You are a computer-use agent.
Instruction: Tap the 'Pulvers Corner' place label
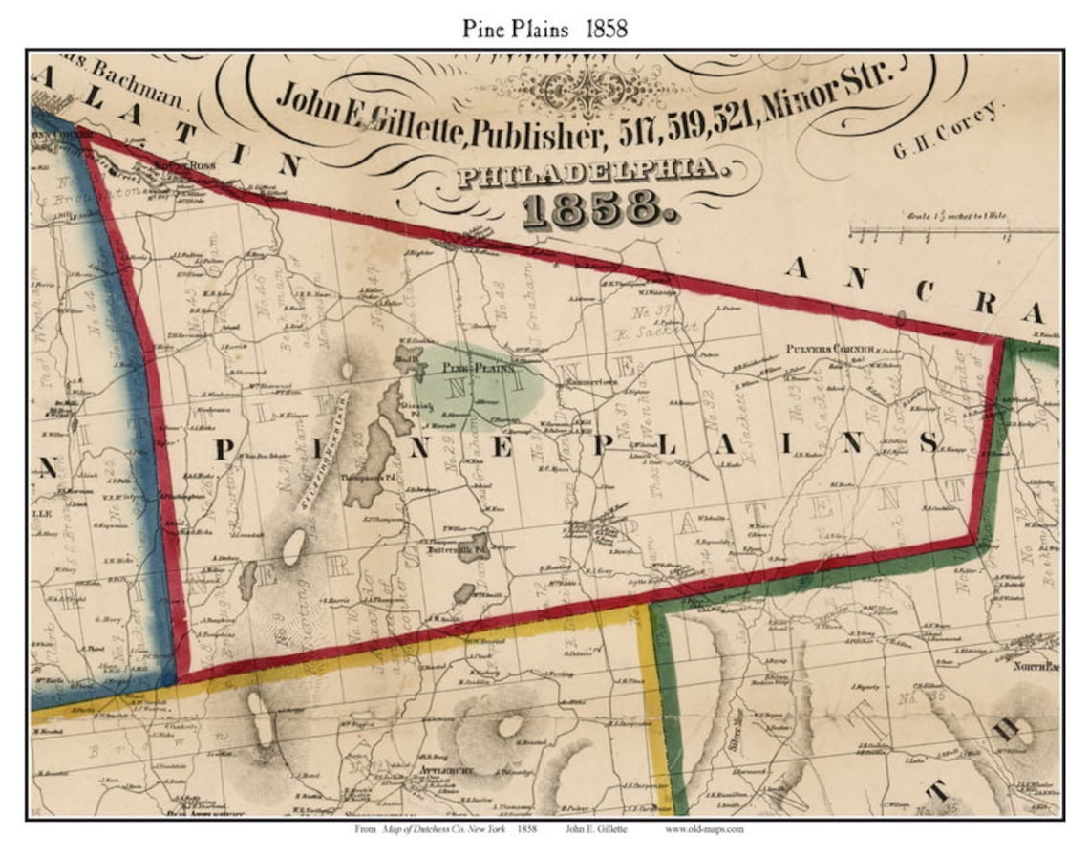[x=831, y=350]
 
